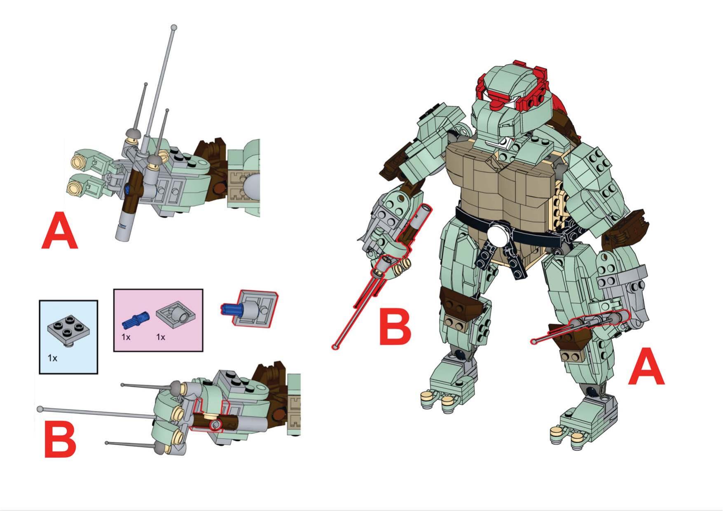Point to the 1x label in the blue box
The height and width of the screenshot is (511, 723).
click(52, 358)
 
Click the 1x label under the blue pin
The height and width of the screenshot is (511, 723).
click(126, 337)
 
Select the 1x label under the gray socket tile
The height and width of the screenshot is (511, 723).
click(161, 337)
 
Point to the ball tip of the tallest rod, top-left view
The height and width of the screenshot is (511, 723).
click(174, 28)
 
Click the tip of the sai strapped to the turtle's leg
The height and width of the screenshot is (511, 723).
click(534, 341)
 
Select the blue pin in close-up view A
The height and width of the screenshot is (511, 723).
click(126, 190)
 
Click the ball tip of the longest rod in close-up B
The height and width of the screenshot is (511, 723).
click(40, 409)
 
